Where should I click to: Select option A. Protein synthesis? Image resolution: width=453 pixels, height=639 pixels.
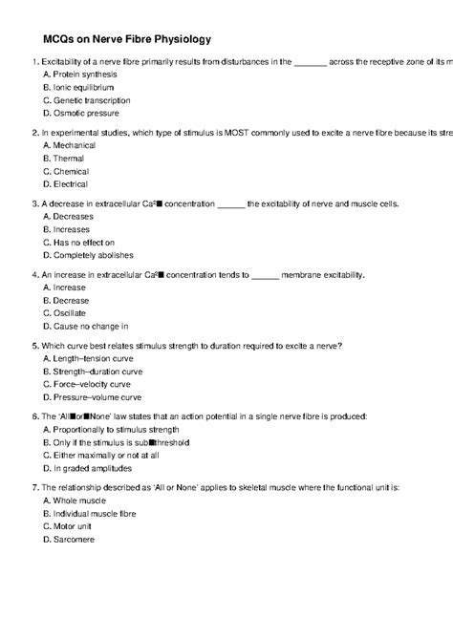point(80,73)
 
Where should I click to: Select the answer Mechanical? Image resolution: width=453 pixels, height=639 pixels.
point(70,145)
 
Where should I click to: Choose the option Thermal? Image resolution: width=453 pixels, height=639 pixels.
point(64,159)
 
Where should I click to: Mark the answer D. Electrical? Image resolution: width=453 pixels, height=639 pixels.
point(66,184)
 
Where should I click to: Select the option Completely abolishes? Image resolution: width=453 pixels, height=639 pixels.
point(88,256)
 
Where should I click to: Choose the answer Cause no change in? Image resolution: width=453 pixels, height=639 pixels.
point(85,327)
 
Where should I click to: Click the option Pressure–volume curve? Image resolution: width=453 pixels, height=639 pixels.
point(92,396)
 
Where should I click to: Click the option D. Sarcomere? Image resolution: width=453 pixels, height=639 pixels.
point(69,540)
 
